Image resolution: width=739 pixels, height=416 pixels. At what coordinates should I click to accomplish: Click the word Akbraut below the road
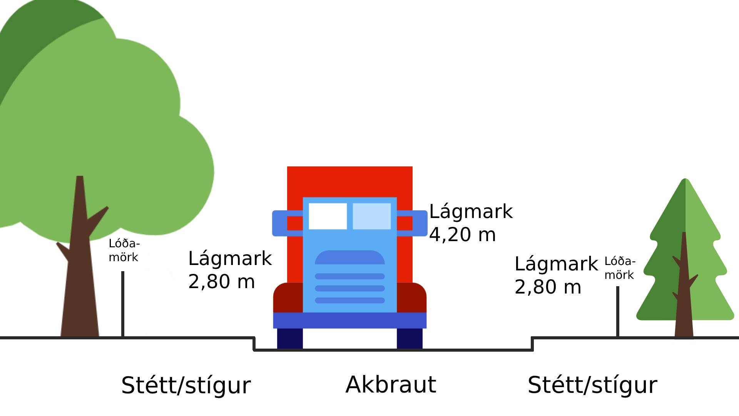click(x=391, y=384)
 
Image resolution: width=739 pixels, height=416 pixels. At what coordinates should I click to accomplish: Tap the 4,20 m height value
click(x=462, y=235)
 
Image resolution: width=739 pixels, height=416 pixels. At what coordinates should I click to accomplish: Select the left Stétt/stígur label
click(x=186, y=385)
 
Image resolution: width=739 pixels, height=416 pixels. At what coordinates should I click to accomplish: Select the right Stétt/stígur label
click(x=592, y=385)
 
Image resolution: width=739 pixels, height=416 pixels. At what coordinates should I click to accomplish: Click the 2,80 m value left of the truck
click(x=221, y=282)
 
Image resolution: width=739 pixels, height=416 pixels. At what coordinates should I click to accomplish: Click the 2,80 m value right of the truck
click(x=548, y=287)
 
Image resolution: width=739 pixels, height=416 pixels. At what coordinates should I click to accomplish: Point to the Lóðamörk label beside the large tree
click(x=124, y=250)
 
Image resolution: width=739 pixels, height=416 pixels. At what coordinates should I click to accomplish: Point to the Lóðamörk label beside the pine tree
click(x=620, y=268)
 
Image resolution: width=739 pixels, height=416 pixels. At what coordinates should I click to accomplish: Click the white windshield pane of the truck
click(x=328, y=216)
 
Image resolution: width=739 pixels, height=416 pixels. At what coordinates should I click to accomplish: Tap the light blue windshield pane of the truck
click(x=371, y=216)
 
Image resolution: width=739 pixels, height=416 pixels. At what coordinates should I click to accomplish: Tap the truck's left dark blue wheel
click(x=290, y=338)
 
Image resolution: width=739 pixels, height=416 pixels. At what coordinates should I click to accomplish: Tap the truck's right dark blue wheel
click(x=410, y=338)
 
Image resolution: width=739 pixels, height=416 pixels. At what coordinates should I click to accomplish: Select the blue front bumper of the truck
click(x=349, y=320)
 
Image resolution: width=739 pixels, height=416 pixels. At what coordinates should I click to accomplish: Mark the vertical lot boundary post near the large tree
click(x=123, y=304)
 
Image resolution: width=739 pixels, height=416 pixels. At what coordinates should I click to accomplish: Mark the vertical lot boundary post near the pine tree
click(x=618, y=312)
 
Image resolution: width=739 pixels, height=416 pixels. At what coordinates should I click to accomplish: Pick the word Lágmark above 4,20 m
click(x=471, y=211)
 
